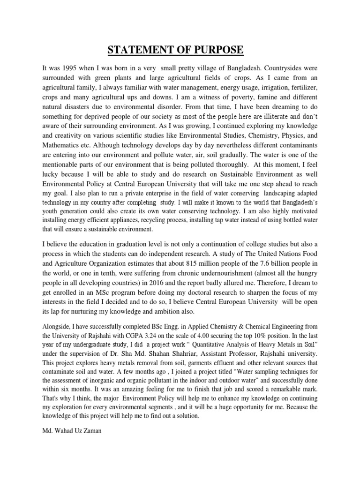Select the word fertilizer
pos(302,88)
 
